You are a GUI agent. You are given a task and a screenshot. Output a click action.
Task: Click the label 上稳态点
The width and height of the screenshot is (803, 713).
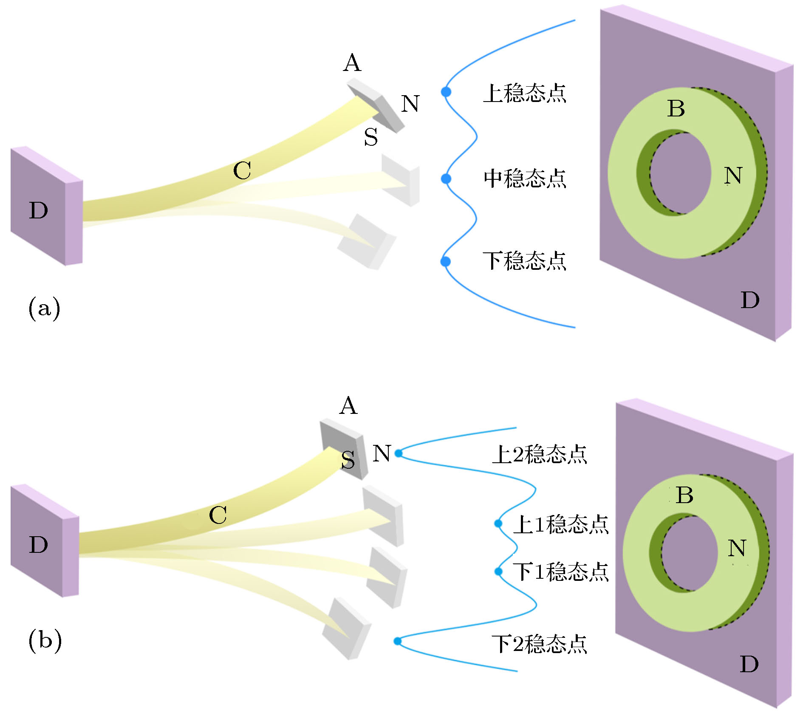click(525, 93)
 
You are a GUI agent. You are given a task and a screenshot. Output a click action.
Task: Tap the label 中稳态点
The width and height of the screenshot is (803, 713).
click(525, 178)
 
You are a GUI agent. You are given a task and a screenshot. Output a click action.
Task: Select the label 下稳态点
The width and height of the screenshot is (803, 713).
click(525, 261)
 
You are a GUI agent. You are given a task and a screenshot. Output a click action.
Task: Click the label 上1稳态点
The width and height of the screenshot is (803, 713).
click(561, 524)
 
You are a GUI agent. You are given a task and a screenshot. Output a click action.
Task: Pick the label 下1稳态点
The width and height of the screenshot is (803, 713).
click(561, 572)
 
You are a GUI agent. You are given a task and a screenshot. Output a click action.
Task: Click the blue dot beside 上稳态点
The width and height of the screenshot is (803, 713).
click(446, 92)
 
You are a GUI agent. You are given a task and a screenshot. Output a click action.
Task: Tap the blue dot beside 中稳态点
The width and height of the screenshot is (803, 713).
click(446, 179)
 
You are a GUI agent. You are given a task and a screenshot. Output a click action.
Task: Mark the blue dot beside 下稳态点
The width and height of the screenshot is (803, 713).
click(445, 261)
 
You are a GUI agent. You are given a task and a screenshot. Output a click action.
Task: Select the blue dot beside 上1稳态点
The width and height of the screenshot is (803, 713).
click(498, 523)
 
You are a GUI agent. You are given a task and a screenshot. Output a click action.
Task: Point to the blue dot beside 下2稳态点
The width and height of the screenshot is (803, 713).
click(397, 641)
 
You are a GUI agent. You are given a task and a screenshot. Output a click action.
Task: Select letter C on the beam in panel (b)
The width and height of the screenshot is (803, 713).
click(218, 515)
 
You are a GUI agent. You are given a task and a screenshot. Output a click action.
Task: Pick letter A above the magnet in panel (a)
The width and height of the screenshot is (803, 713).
click(352, 63)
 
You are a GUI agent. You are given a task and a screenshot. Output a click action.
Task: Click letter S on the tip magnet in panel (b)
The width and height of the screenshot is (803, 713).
click(348, 460)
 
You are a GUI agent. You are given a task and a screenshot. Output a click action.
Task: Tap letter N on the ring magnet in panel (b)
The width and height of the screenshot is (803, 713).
click(737, 548)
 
